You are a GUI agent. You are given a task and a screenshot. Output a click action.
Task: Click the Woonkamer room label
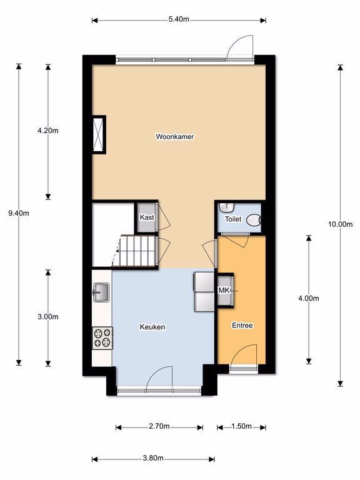(x=175, y=136)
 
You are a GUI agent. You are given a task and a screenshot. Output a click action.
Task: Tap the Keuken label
(x=152, y=327)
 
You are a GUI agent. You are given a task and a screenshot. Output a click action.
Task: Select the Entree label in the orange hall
(x=242, y=325)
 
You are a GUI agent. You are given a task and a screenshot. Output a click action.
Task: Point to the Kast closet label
(x=147, y=217)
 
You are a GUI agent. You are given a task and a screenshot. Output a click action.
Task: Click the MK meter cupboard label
(x=224, y=290)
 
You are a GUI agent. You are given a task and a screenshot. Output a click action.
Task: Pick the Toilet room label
(x=233, y=219)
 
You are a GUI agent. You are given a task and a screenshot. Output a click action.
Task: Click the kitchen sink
(x=101, y=292)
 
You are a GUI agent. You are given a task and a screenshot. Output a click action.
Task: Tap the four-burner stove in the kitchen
(x=102, y=338)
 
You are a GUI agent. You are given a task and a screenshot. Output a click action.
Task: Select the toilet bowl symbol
(x=254, y=220)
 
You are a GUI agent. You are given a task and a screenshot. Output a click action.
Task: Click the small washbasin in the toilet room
(x=226, y=207)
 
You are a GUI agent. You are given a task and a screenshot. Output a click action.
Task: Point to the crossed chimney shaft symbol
(x=99, y=135)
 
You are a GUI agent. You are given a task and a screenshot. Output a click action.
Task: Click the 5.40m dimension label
(x=179, y=19)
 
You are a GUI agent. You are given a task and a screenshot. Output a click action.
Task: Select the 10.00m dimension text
(x=341, y=224)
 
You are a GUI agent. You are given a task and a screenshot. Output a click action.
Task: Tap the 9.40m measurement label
(x=19, y=213)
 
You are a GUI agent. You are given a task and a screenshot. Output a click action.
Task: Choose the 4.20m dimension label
(x=48, y=131)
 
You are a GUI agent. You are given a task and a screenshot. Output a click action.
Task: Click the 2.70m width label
(x=159, y=426)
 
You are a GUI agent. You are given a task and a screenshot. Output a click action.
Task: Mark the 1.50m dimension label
(x=241, y=426)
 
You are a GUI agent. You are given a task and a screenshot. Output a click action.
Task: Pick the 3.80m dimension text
(x=153, y=458)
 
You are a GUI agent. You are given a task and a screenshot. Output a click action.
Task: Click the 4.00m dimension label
(x=309, y=298)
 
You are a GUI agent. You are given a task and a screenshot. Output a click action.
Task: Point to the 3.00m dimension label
(x=48, y=317)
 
